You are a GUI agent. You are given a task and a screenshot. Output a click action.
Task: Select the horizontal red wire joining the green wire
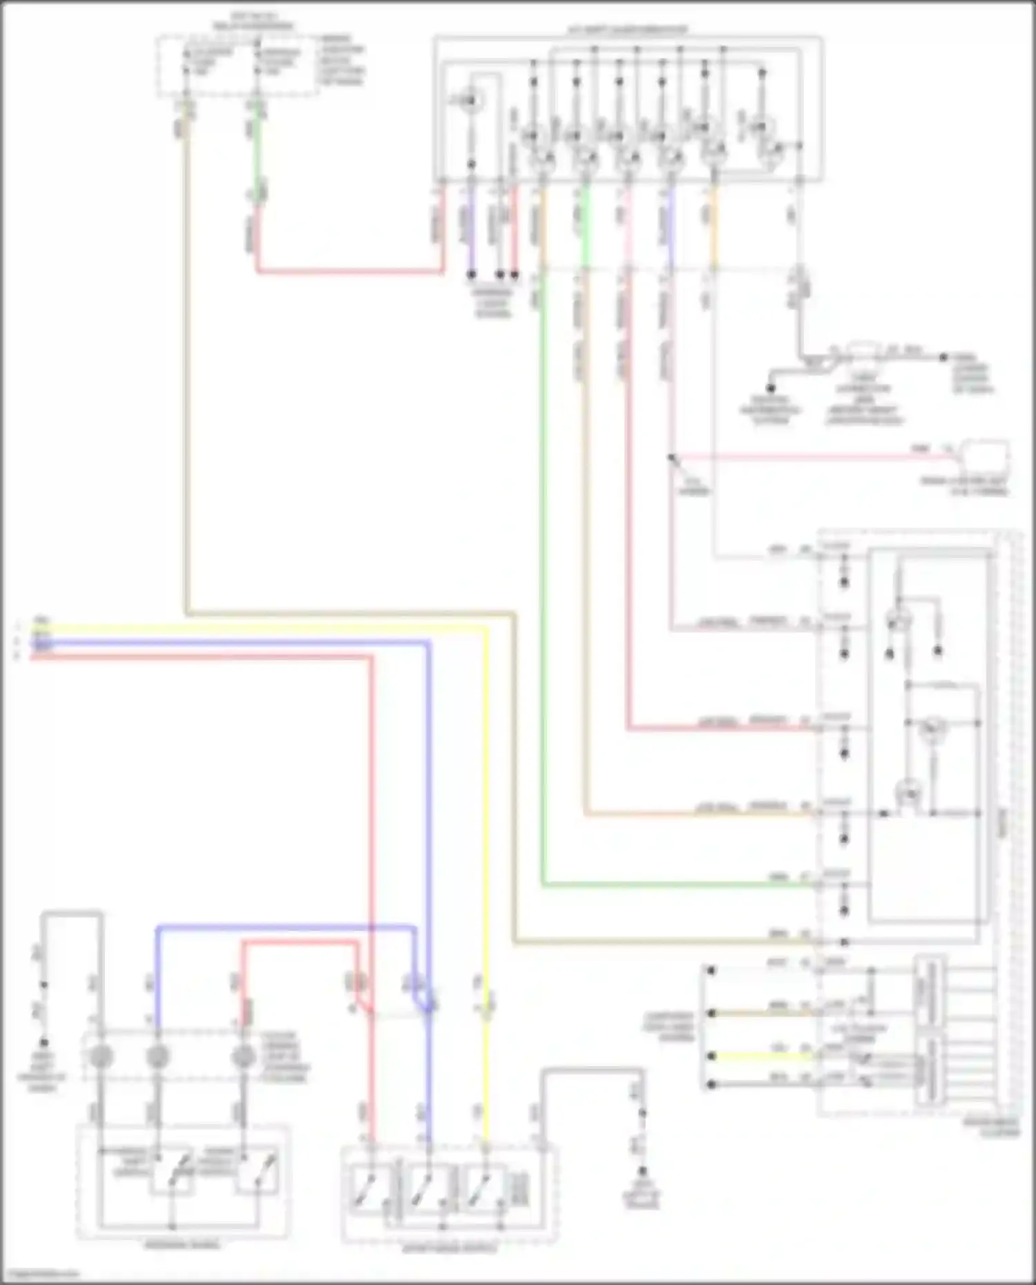(x=349, y=271)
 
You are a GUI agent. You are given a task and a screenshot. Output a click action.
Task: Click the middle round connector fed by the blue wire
(x=157, y=1056)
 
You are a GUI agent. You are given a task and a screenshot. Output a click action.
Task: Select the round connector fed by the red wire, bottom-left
(x=243, y=1056)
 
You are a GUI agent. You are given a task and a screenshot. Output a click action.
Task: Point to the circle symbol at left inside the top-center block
(x=472, y=102)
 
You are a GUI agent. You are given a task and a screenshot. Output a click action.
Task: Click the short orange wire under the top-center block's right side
(x=713, y=228)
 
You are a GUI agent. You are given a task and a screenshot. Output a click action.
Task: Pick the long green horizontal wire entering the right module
(x=677, y=885)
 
